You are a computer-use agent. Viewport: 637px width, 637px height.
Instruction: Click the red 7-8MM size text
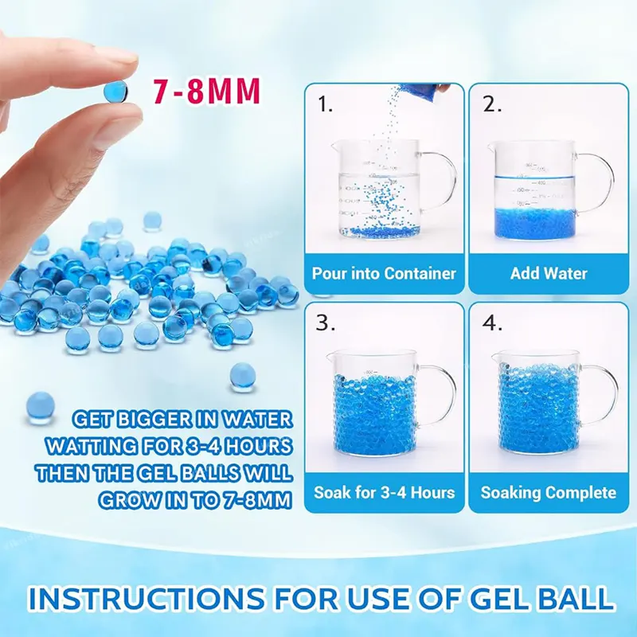pos(207,91)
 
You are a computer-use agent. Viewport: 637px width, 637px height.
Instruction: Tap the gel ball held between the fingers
pos(115,91)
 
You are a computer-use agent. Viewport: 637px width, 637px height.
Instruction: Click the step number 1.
pos(325,104)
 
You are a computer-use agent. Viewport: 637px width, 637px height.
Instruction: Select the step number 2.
pos(491,104)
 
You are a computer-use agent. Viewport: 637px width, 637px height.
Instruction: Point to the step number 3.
pos(326,323)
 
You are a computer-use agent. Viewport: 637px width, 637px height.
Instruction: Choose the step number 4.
pos(492,323)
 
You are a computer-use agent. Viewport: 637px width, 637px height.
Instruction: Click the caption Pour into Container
pos(384,273)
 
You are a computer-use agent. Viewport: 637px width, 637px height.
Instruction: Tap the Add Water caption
pos(549,273)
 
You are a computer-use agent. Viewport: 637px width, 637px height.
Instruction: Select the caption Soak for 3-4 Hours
pos(384,492)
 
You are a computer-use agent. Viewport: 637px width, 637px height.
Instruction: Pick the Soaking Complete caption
pos(549,493)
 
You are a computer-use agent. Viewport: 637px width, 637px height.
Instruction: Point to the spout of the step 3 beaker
pos(332,357)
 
